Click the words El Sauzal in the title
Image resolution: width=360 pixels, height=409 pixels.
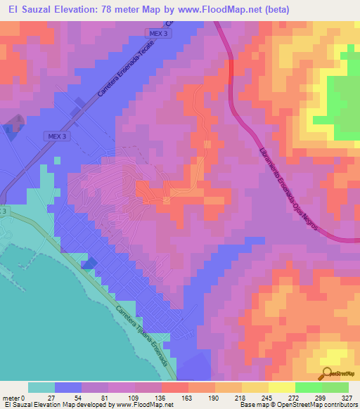(x=30, y=10)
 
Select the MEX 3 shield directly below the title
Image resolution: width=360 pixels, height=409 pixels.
(x=160, y=33)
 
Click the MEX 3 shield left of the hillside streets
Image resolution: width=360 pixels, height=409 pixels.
(x=57, y=136)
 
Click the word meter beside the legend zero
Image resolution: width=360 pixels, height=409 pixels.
(x=12, y=397)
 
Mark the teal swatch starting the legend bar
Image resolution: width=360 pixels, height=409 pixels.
(x=41, y=387)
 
